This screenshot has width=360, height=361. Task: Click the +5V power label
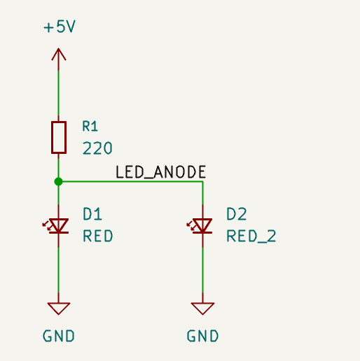coord(60,27)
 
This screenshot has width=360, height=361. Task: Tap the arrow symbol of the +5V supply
coord(59,55)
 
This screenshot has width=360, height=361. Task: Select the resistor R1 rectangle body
coord(59,137)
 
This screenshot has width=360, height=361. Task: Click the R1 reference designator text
coord(90,127)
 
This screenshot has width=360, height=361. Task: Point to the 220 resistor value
coord(97,148)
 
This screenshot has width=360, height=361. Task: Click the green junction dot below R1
coord(58,181)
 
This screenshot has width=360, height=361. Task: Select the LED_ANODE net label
coord(160,172)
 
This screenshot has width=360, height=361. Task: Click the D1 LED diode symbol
coord(59,226)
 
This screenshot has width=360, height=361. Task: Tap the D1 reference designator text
coord(92,214)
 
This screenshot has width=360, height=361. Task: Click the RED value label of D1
coord(98,236)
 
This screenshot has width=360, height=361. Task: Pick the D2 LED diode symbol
coord(202,226)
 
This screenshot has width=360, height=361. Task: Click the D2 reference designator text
coord(237,214)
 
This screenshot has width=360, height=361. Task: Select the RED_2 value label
coord(251,236)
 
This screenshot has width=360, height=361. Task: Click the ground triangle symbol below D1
coord(59,308)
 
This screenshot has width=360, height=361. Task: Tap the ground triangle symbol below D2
coord(202,308)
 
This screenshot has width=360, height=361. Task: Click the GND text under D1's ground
coord(59,336)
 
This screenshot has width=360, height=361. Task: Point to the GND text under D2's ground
coord(202,336)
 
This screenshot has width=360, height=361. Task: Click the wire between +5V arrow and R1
coord(58,93)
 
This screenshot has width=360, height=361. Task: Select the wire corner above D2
coord(202,181)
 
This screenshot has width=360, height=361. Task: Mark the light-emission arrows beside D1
coord(47,226)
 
